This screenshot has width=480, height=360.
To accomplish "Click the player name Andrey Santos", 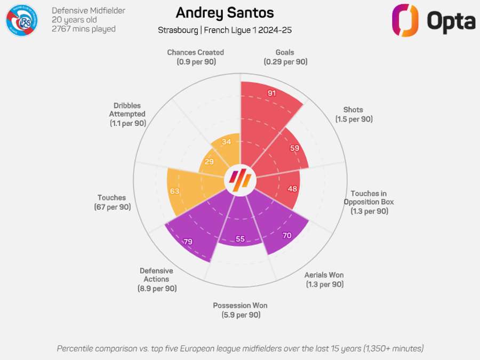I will pos(225,13).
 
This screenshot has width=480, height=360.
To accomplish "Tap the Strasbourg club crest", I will pos(21,20).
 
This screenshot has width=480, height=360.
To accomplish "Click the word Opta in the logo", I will pos(451,21).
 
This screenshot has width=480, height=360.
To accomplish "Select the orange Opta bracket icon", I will pos(405,20).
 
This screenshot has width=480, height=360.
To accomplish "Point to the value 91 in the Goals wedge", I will pos(272,93).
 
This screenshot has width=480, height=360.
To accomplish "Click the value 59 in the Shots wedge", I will pos(294,148).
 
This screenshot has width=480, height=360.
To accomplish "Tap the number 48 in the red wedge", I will pos(292,188).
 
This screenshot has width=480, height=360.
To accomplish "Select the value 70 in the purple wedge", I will pos(286,235).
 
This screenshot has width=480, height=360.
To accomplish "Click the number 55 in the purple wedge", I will pos(240,239).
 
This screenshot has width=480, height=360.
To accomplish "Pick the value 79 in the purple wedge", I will pos(188,242).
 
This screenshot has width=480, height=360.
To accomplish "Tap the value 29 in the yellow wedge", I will pos(209,162).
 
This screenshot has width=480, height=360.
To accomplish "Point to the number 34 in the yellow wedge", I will pos(226,142).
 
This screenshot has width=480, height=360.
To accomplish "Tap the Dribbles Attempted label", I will pos(127,114).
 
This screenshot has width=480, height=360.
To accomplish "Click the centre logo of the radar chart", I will pos(240,181).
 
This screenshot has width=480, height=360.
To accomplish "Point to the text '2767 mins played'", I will pos(83,29).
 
